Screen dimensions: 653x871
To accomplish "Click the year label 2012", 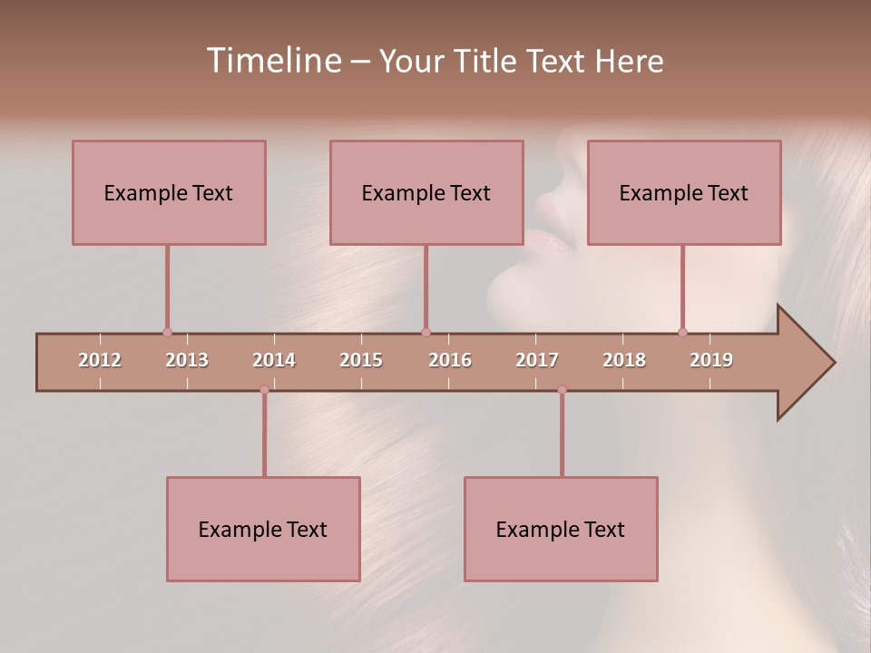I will coord(100,360).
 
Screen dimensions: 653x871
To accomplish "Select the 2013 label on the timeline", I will coord(187,360).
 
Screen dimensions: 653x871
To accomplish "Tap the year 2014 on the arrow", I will coord(274,360).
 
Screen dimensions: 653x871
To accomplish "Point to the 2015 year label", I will coord(361,360).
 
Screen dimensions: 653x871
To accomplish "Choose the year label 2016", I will coord(450,360).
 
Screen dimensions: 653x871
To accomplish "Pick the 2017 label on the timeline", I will coord(537,360).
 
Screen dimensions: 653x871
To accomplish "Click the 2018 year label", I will coord(624,360).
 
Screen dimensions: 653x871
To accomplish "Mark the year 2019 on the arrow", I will coord(711,360).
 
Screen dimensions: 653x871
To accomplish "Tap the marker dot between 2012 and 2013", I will coord(167,332).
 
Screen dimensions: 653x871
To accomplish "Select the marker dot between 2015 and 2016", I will coord(426,332).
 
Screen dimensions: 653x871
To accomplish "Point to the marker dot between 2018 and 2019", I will coord(682,332).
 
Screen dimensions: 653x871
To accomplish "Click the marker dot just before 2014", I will coord(264,390).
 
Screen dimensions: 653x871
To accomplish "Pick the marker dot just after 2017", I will coord(562,390).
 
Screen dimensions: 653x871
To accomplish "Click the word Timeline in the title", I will coord(272,61).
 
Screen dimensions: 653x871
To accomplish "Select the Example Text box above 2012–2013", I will coord(169,192).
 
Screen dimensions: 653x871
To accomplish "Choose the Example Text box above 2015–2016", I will coord(426,192).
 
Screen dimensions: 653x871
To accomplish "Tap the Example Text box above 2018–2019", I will coord(684,192).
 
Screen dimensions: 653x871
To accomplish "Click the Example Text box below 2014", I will coord(263,529).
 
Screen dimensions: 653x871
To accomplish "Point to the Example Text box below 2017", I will coord(561,529).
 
